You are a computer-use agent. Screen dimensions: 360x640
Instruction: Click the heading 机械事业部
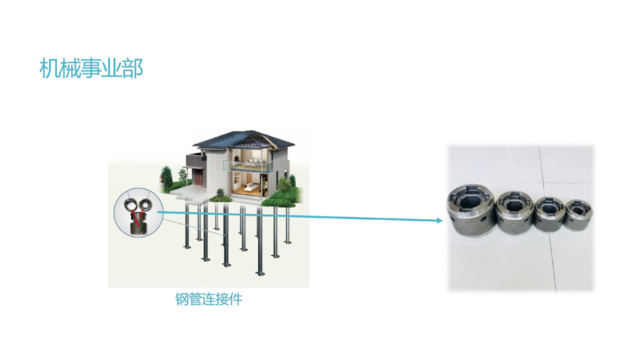92,68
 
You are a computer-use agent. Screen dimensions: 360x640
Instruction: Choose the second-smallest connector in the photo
549,210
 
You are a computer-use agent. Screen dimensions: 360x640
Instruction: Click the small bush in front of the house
221,194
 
